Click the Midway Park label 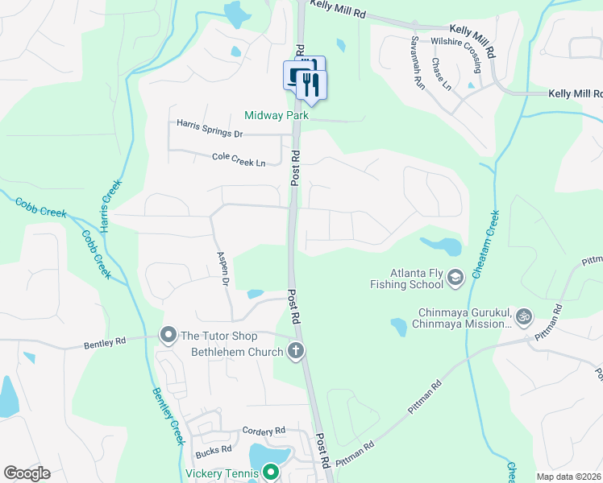277,115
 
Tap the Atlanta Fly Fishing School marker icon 455,278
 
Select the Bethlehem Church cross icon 296,351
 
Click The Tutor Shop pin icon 168,333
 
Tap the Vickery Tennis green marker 270,473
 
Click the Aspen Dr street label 223,269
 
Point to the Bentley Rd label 106,344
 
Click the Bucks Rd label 214,448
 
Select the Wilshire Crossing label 461,48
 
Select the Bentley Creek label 168,415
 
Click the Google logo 27,473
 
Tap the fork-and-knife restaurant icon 312,83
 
